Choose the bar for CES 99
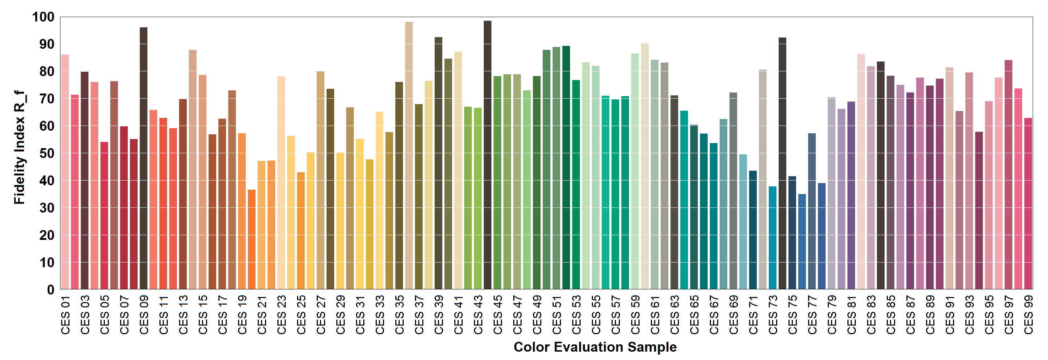coord(1028,203)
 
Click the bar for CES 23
coord(281,183)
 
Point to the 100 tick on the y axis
coord(43,17)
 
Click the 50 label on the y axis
coord(47,153)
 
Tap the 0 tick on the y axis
coord(51,290)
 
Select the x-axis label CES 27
coord(321,315)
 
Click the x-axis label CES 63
coord(675,315)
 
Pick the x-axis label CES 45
coord(498,315)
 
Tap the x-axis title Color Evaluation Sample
coord(595,347)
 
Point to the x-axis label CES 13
coord(183,315)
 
